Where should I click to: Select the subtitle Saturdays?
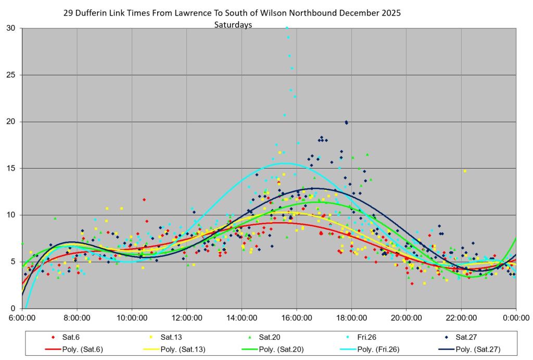coord(233,24)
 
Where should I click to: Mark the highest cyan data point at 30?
coord(287,28)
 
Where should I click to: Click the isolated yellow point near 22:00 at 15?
coord(465,171)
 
